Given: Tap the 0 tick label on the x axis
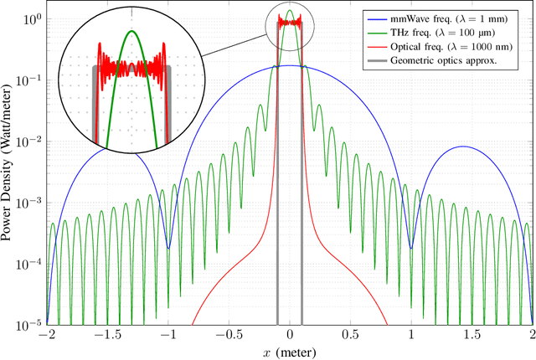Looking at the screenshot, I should (290, 334).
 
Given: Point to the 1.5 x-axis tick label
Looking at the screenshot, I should (472, 334).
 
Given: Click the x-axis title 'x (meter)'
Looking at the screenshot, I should (290, 351).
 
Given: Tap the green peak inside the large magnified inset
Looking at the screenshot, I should (131, 31).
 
